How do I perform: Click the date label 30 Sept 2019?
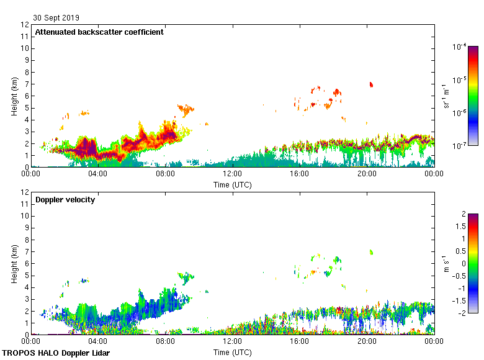(56, 18)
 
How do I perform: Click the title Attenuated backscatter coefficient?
(99, 32)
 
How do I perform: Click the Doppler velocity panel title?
(65, 200)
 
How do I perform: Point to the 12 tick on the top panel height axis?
(25, 25)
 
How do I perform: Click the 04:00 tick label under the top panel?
(98, 174)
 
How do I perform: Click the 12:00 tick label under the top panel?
(233, 174)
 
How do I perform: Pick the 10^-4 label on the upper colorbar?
(460, 47)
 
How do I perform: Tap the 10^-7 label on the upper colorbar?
(460, 145)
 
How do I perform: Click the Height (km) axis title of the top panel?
(14, 96)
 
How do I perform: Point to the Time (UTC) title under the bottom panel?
(233, 353)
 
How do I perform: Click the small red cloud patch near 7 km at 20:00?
(371, 84)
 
